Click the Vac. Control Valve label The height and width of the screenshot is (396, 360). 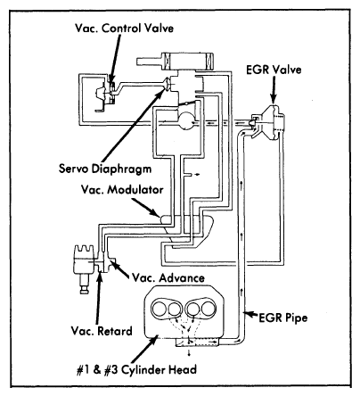(x=124, y=29)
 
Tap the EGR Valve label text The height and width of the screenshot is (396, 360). (x=274, y=70)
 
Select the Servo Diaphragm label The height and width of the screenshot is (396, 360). (x=105, y=169)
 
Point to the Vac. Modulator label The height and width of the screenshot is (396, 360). (x=122, y=189)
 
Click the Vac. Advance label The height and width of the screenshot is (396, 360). (x=168, y=277)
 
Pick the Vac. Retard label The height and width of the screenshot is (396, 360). (x=102, y=331)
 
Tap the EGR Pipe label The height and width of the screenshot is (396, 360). (x=283, y=318)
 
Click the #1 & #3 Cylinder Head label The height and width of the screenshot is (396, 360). (x=136, y=369)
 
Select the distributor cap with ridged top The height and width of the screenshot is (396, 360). (x=84, y=252)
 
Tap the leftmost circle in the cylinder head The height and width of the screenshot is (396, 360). (x=160, y=309)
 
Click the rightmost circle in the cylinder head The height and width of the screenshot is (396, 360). (x=208, y=309)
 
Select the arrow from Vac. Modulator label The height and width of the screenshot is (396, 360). (x=144, y=207)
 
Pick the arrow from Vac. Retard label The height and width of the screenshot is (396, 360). (x=98, y=297)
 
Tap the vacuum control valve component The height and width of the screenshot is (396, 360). (x=107, y=93)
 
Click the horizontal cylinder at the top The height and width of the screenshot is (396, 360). (x=176, y=61)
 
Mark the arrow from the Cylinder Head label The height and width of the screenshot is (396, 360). (x=143, y=350)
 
